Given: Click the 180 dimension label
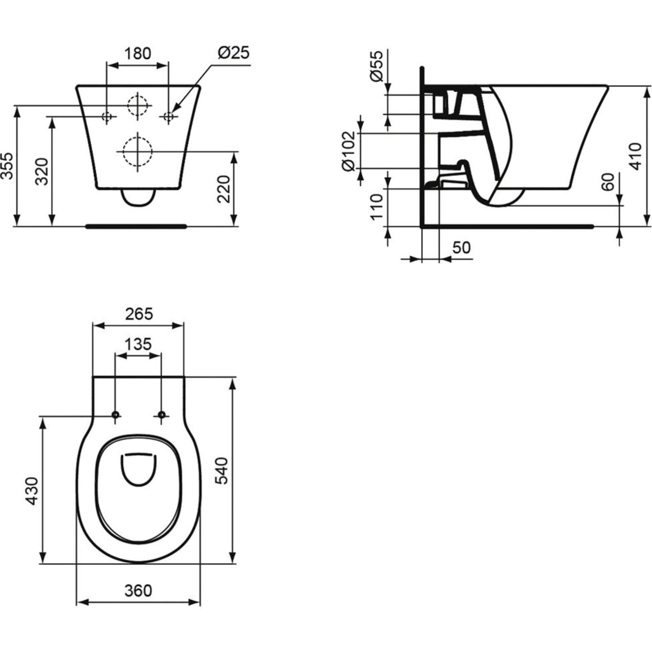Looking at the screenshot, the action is [137, 53].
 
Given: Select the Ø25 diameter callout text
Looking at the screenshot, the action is [233, 53].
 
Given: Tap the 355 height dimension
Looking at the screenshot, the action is [7, 166].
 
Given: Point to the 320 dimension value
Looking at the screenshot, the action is [42, 172].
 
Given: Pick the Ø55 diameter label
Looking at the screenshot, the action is [377, 66].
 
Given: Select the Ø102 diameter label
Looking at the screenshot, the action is [349, 151].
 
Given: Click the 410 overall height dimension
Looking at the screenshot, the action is [635, 156].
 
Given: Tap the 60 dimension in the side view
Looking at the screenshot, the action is [608, 182].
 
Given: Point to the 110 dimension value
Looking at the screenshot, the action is [377, 207].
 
